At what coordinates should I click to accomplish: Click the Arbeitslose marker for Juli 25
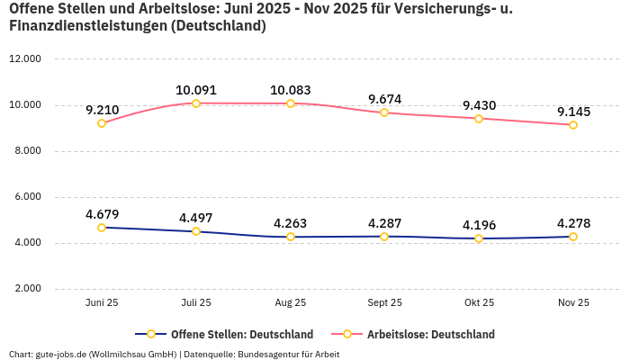pyautogui.click(x=196, y=103)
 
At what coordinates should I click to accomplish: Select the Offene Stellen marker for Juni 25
pyautogui.click(x=102, y=228)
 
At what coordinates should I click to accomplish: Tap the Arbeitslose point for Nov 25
pyautogui.click(x=573, y=125)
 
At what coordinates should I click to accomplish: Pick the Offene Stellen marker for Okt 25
pyautogui.click(x=479, y=238)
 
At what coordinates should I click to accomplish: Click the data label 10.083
pyautogui.click(x=290, y=90)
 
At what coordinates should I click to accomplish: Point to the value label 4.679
pyautogui.click(x=102, y=214)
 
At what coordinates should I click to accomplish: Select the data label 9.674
pyautogui.click(x=384, y=98)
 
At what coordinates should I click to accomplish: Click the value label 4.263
pyautogui.click(x=290, y=223)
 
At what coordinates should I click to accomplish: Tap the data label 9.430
pyautogui.click(x=479, y=105)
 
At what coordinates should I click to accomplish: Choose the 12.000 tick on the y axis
pyautogui.click(x=25, y=59)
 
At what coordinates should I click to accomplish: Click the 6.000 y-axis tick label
pyautogui.click(x=27, y=197)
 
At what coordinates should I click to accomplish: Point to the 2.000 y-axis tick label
pyautogui.click(x=27, y=289)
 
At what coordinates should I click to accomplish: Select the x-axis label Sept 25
pyautogui.click(x=384, y=303)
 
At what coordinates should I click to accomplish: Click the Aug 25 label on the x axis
pyautogui.click(x=290, y=303)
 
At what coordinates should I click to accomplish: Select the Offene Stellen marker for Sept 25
pyautogui.click(x=384, y=237)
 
